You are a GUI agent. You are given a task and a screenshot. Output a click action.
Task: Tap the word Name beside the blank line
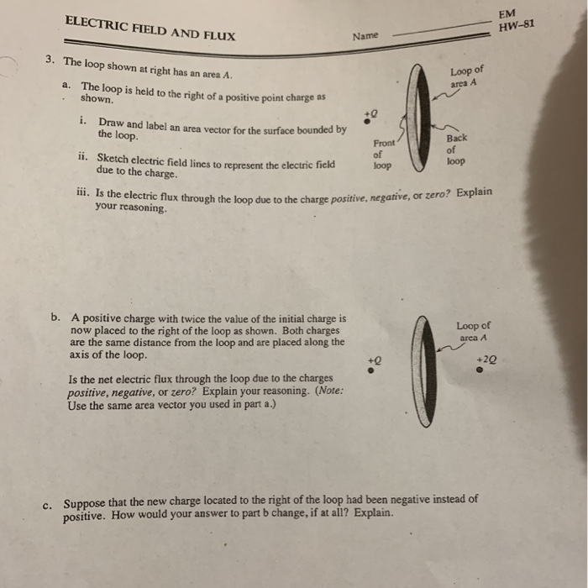366,36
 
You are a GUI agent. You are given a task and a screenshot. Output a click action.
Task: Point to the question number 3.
50,61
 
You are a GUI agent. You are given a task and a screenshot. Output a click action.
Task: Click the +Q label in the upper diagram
370,110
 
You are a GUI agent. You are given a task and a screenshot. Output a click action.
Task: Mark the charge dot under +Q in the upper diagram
369,122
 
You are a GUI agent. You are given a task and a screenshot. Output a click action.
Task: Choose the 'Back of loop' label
457,149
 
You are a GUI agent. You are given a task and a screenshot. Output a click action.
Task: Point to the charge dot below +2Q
480,367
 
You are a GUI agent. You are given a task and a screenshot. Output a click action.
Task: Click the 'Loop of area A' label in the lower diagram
473,331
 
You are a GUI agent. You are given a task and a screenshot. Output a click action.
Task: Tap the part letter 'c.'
48,504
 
